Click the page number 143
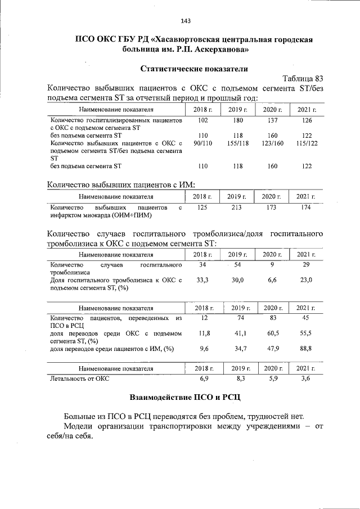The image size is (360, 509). click(186, 21)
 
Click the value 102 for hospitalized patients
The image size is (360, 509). click(203, 121)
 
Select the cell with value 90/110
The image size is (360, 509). click(203, 144)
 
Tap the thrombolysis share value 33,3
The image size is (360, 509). click(203, 280)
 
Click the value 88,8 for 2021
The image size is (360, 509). click(306, 349)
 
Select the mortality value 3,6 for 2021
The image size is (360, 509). click(306, 379)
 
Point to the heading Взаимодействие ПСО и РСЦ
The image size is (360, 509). click(185, 397)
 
